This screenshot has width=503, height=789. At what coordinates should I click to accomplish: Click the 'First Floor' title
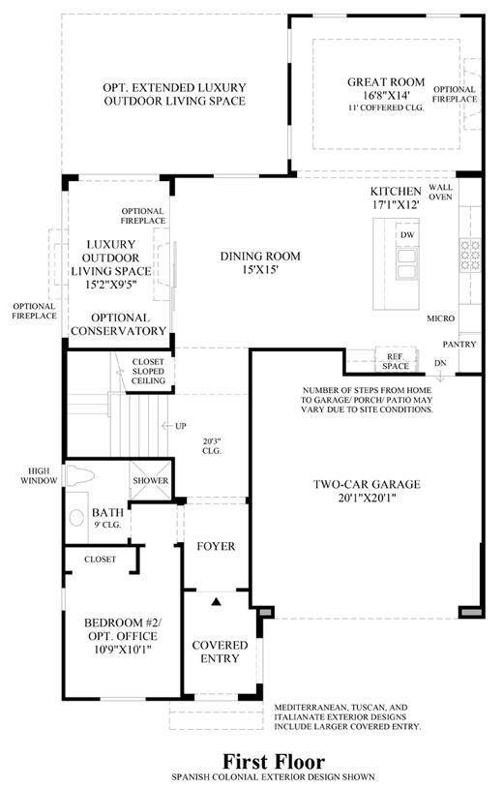[274, 760]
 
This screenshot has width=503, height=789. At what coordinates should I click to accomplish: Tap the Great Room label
[386, 81]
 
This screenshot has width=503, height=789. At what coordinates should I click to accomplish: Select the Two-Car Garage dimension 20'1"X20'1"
[367, 499]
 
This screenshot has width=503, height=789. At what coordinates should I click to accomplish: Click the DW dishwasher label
[407, 235]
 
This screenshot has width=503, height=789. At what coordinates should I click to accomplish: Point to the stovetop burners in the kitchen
[470, 256]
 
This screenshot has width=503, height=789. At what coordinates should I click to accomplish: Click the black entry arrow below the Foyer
[217, 601]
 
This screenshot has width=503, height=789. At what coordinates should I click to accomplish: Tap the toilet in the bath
[80, 474]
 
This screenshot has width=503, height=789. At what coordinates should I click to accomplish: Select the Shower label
[150, 480]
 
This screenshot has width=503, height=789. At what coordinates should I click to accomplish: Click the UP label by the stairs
[181, 426]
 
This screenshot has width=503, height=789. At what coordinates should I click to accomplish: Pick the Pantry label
[459, 345]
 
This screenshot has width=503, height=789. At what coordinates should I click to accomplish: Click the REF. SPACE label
[396, 361]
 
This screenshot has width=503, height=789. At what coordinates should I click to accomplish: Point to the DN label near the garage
[440, 363]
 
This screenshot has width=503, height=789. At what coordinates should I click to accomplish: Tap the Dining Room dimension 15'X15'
[260, 269]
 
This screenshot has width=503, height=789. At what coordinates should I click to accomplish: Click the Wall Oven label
[441, 192]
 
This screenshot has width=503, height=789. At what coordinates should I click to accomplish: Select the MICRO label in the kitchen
[441, 319]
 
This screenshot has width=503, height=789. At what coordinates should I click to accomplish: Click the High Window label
[39, 475]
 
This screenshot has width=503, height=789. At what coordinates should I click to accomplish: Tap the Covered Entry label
[220, 652]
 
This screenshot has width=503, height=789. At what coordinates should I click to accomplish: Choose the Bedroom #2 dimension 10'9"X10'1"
[123, 650]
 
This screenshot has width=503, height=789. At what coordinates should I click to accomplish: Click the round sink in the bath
[76, 518]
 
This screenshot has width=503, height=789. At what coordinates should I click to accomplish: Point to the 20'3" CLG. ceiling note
[211, 446]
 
